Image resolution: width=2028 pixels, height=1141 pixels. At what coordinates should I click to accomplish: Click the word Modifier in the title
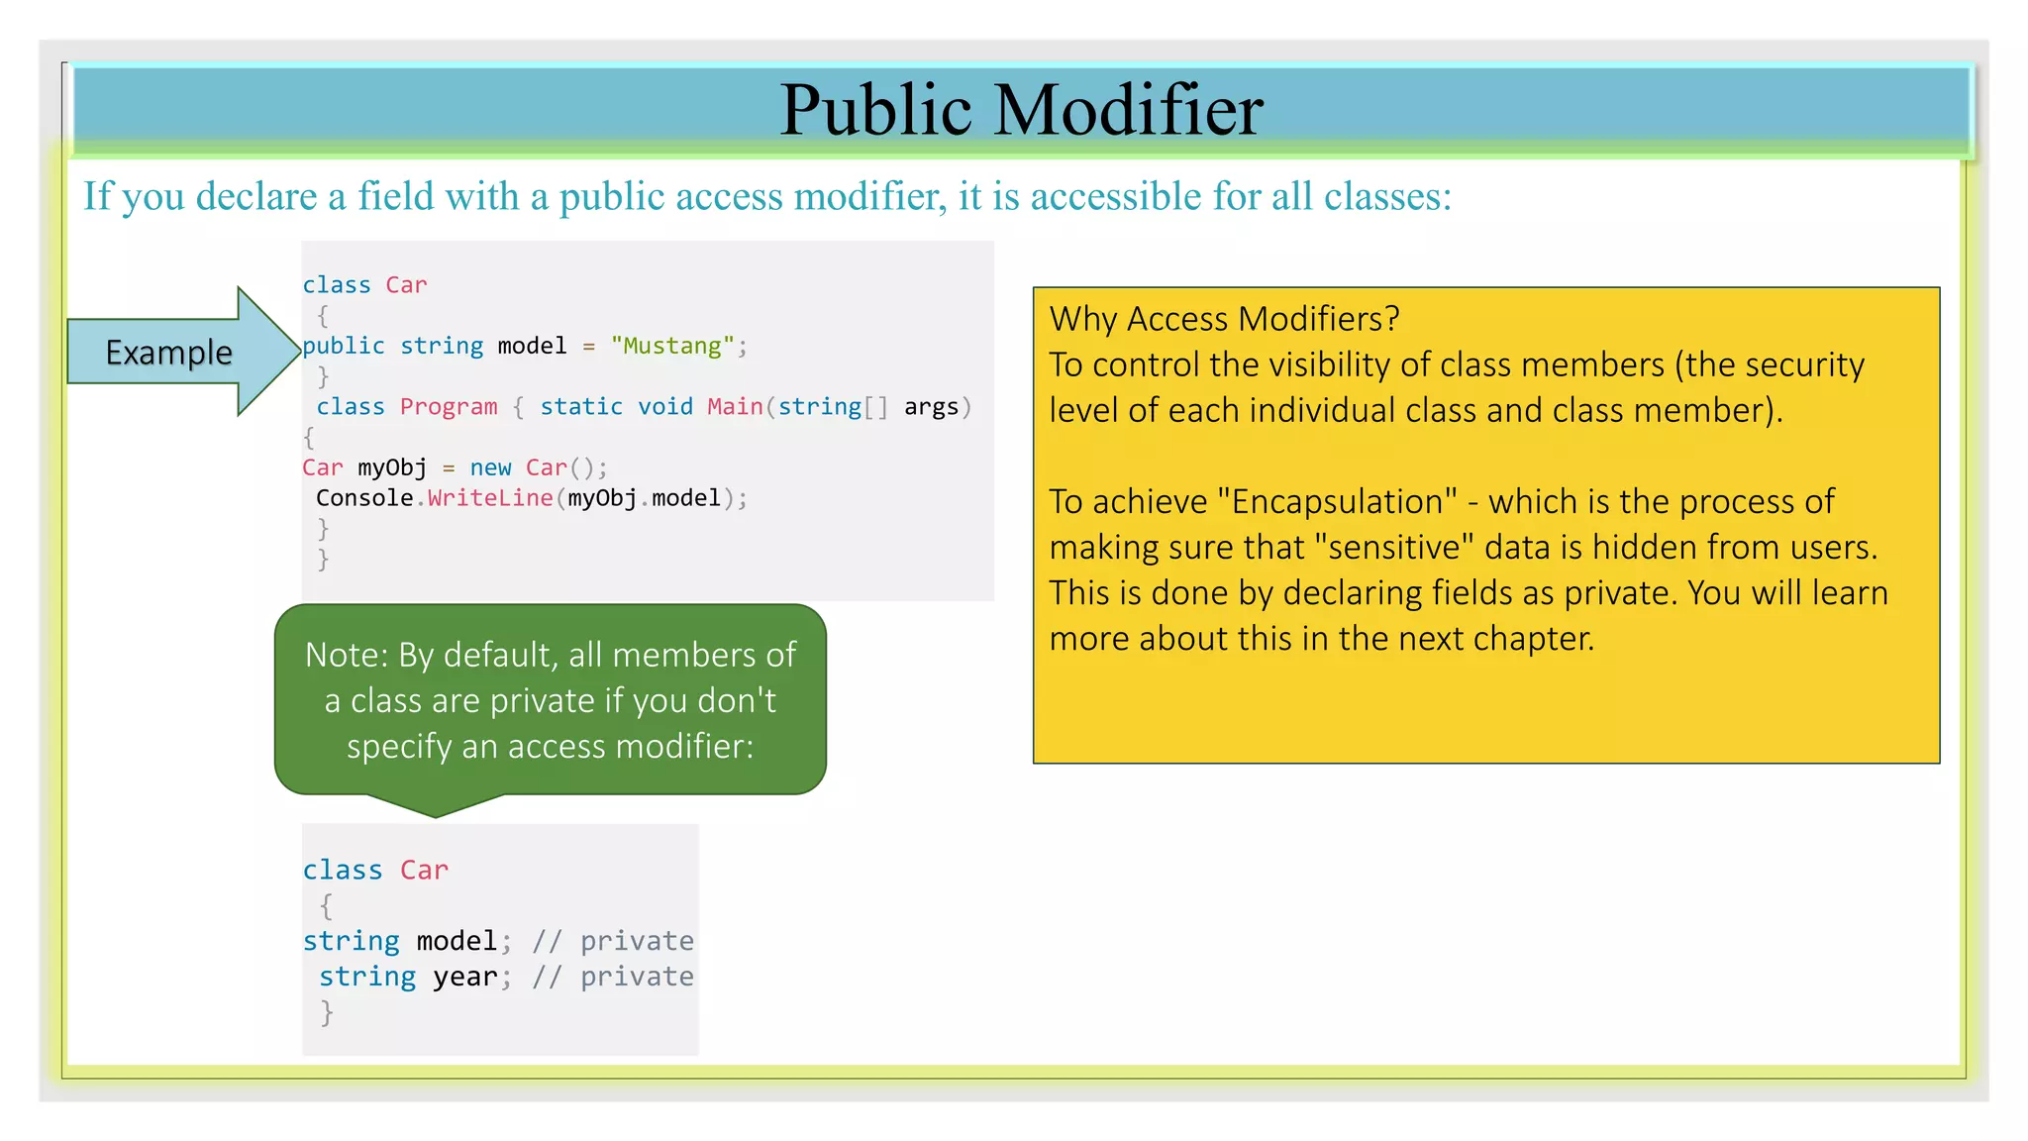coord(1128,109)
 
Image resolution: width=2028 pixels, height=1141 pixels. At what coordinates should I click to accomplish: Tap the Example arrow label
coord(168,353)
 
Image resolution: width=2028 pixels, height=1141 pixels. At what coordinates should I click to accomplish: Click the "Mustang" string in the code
coord(672,346)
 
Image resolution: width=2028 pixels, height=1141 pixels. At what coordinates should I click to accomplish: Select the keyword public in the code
coord(343,346)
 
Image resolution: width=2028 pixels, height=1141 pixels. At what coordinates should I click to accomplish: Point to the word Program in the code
coord(449,407)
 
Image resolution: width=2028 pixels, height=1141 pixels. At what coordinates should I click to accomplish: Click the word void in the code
coord(664,407)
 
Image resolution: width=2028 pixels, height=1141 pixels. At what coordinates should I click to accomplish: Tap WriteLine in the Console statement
coord(490,498)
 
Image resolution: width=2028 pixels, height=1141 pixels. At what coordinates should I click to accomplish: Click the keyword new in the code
coord(490,467)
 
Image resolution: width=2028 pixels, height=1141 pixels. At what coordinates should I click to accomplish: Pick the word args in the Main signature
coord(931,407)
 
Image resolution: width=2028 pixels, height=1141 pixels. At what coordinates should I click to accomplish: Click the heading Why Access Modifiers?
coord(1224,319)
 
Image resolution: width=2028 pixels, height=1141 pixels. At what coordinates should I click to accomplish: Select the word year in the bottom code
coord(464,977)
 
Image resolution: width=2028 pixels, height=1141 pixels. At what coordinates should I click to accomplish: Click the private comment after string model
coord(636,941)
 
